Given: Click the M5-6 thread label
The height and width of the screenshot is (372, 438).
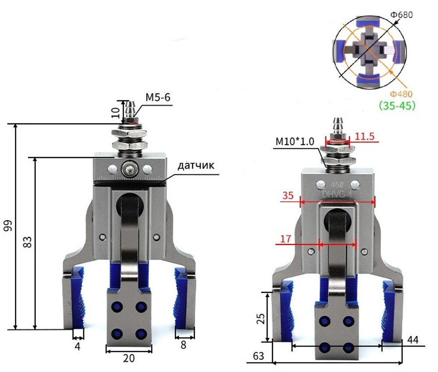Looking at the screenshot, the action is (x=158, y=98).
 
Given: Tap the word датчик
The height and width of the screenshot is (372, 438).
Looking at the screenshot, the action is (x=196, y=165).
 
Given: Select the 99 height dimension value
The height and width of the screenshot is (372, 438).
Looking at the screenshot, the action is (x=8, y=226).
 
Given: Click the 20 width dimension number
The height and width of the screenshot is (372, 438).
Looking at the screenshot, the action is (x=129, y=358).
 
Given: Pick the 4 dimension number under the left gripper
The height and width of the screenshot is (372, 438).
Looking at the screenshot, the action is (x=78, y=346).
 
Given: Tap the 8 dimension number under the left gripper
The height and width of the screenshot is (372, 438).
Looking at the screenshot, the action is (x=183, y=345).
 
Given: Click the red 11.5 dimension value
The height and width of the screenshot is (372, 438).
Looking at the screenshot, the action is (x=364, y=136).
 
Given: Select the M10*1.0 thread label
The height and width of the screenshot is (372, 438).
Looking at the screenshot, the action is (x=295, y=141).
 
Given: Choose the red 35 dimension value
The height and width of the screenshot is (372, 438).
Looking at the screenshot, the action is (x=288, y=195).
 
